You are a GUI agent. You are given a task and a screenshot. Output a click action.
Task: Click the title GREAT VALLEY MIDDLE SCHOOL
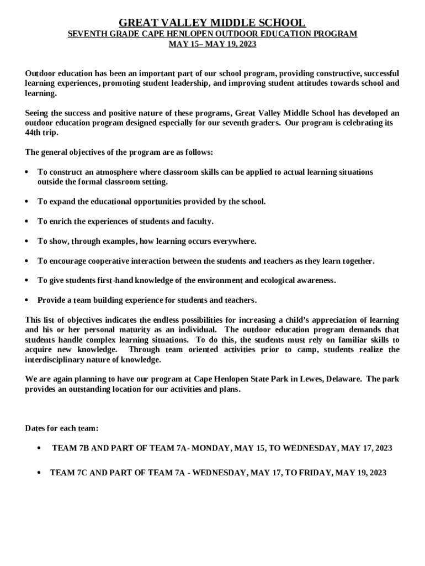[x=212, y=23]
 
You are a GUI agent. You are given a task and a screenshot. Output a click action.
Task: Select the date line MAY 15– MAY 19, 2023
[x=212, y=44]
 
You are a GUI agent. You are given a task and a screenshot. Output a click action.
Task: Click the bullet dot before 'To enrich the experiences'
[x=27, y=222]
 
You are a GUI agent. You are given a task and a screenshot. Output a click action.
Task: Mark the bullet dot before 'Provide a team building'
[x=27, y=301]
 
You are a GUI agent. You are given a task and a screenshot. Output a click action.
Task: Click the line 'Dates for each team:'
[x=62, y=428]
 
